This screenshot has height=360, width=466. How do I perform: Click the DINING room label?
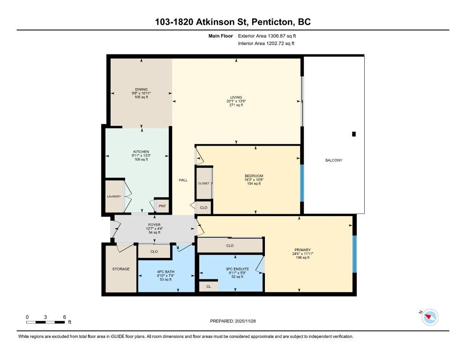pos(141,90)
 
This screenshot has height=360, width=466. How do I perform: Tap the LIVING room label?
pos(236,97)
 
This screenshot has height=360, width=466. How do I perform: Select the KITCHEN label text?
pos(141,152)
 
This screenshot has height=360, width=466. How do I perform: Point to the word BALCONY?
pos(334,160)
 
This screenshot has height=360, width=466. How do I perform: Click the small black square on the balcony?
pos(354,134)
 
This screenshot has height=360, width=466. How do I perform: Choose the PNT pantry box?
pos(162,206)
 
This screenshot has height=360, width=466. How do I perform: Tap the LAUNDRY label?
pos(114,196)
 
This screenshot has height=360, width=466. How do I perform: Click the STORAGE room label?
pos(120,269)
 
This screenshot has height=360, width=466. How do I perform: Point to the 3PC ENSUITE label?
pos(237,269)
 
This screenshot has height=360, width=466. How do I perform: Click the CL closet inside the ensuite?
pos(208,286)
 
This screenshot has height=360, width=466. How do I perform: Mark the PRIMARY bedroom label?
pos(303,250)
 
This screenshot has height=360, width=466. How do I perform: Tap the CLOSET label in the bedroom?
pos(203,183)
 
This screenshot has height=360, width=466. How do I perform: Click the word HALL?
pos(183,180)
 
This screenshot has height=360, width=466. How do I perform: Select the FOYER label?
pos(154,225)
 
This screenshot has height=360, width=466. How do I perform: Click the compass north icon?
pos(429,317)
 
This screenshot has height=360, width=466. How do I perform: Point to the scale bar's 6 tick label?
pos(64,317)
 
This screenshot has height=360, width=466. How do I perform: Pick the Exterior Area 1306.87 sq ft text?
pos(267,36)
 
